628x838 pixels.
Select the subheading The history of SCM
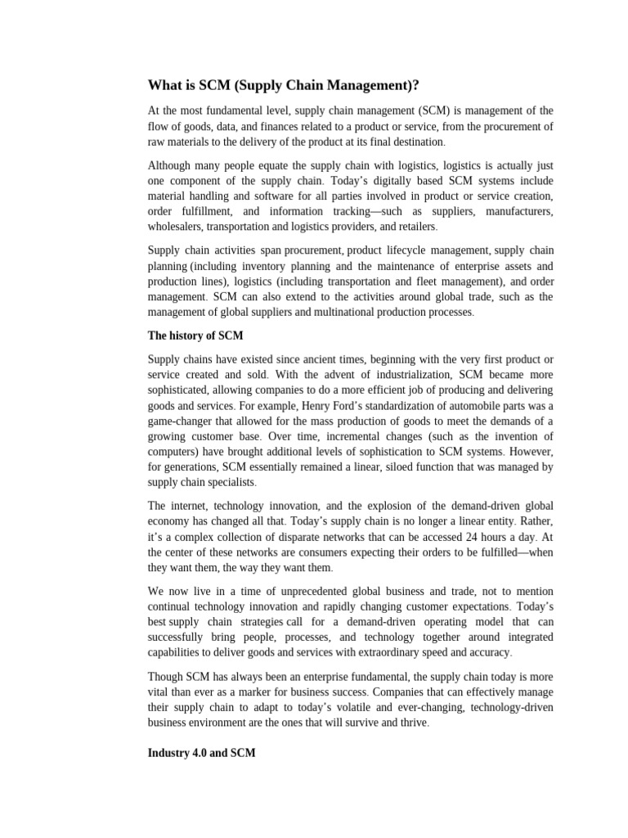(195, 336)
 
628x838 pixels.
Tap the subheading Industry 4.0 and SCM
(201, 753)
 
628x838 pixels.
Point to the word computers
(173, 453)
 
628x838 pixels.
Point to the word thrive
(409, 723)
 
